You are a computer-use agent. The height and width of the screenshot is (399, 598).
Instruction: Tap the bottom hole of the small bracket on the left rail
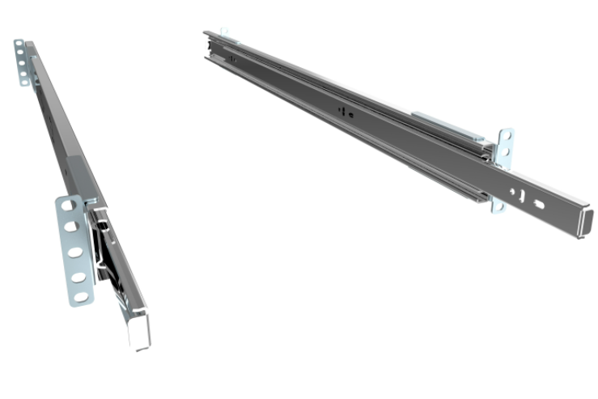[x=25, y=79]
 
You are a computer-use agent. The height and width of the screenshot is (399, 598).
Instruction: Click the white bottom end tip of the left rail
[x=140, y=332]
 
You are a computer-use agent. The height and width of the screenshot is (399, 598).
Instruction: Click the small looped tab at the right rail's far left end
[x=224, y=33]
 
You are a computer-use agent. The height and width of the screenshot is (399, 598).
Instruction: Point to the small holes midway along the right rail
[x=345, y=112]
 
